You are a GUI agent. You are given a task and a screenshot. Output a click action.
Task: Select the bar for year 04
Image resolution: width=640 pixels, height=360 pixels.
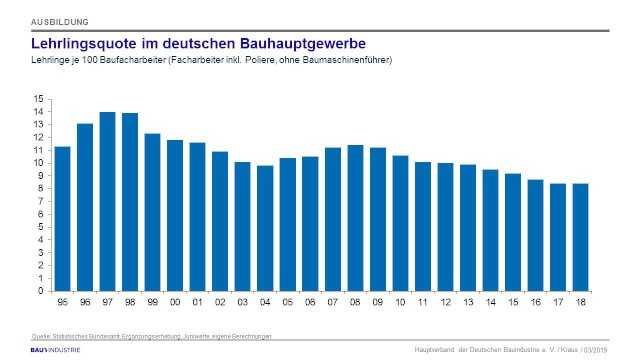265,228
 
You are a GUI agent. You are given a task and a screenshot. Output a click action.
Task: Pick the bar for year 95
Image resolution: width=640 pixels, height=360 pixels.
62,218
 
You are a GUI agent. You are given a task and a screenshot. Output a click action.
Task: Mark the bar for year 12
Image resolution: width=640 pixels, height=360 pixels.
445,226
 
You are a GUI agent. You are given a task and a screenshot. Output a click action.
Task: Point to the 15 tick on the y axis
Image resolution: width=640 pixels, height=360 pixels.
39,99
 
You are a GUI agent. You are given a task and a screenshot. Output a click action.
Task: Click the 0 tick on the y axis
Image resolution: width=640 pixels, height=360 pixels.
41,291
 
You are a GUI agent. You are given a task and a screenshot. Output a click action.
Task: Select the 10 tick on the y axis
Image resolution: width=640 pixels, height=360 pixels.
39,163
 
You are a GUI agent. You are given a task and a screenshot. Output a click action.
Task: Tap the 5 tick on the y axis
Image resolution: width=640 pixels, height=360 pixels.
41,227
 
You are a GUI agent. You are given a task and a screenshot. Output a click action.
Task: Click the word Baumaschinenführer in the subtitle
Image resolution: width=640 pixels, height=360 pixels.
345,61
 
